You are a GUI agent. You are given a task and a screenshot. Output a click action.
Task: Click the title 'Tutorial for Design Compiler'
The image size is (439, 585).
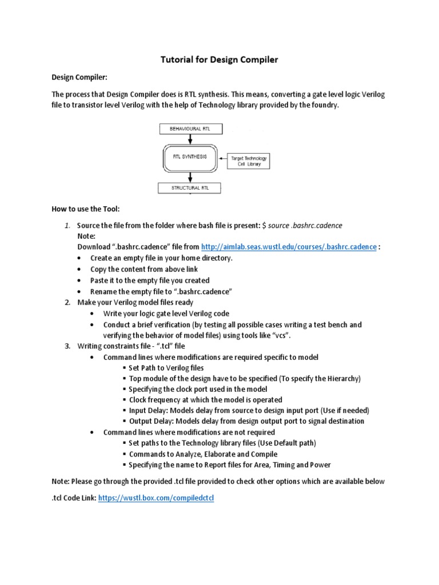(219, 59)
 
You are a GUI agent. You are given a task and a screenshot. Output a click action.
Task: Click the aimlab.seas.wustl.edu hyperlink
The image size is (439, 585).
(289, 247)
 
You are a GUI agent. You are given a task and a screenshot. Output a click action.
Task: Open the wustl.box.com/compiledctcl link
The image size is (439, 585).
(155, 498)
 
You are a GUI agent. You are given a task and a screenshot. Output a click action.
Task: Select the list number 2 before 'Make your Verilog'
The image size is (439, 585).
(67, 302)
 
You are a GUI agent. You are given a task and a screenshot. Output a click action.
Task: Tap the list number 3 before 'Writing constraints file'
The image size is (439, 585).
(67, 346)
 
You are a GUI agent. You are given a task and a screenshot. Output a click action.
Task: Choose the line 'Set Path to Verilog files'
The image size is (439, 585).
(166, 368)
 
